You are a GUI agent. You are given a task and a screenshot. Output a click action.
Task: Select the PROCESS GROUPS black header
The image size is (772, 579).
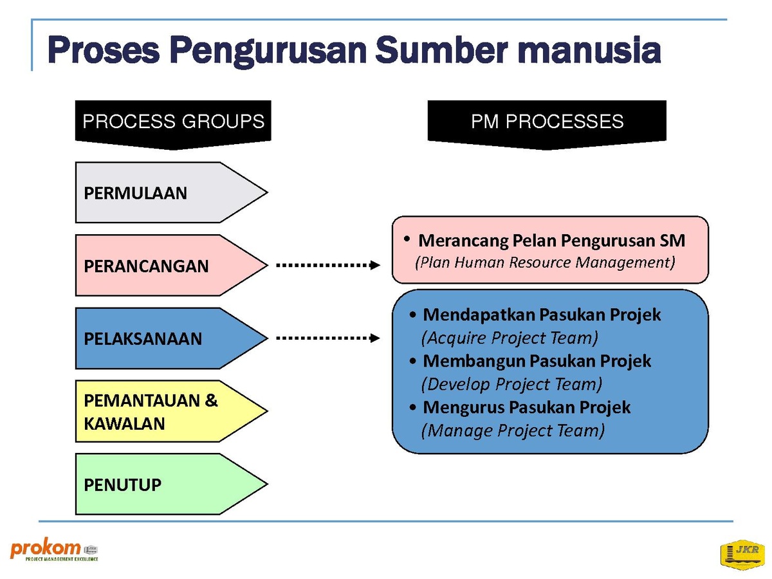173,124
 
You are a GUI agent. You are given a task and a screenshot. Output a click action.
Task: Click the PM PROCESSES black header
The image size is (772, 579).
547,124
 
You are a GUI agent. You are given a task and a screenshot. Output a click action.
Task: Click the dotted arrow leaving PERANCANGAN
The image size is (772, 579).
328,265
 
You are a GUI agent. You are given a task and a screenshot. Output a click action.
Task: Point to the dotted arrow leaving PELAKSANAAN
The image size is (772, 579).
328,338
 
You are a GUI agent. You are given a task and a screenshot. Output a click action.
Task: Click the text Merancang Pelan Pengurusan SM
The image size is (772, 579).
551,241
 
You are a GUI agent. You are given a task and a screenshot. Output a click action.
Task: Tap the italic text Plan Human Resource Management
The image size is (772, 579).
545,262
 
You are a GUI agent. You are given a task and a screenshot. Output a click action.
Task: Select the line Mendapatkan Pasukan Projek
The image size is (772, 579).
542,315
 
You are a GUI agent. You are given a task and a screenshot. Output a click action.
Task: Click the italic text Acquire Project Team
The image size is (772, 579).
510,338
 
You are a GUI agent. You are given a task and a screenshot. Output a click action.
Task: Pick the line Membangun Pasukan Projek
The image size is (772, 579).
537,361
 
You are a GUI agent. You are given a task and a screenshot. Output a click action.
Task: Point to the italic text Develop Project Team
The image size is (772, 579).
511,384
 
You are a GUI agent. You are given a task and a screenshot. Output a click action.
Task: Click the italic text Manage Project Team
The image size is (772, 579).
513,430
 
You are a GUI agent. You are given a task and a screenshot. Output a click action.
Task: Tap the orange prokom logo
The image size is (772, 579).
54,549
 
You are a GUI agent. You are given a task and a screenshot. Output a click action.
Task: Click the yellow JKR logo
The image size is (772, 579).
742,555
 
